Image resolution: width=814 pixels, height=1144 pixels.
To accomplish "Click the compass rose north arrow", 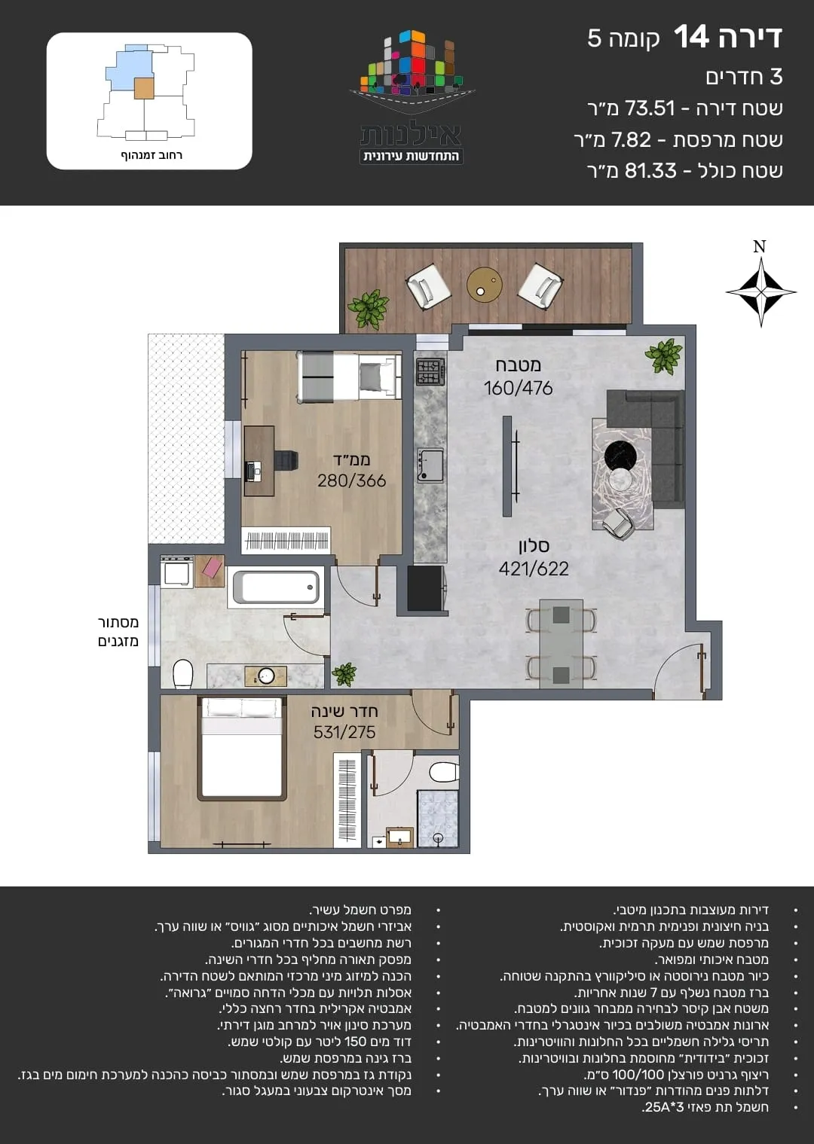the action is click(760, 291).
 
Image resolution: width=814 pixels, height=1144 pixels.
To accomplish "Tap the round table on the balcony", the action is click(484, 285).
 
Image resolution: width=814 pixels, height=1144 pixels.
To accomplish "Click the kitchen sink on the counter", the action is click(430, 465).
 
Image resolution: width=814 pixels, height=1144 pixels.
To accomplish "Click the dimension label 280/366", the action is click(351, 481).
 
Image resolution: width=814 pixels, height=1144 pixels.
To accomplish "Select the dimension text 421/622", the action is click(534, 569).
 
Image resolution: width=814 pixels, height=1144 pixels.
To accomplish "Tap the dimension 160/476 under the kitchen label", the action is click(518, 388).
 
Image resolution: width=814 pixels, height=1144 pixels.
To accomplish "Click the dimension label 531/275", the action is click(344, 732).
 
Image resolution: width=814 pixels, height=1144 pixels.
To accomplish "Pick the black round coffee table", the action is click(620, 455).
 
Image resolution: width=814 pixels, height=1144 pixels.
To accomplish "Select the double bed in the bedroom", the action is click(242, 748).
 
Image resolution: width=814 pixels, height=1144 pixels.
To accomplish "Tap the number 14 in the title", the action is click(691, 37).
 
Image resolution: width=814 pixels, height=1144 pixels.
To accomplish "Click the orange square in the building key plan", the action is click(144, 88).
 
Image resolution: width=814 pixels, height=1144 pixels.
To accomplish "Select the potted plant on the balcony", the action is click(368, 309).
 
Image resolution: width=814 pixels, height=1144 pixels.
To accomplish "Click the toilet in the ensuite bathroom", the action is click(444, 772).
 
